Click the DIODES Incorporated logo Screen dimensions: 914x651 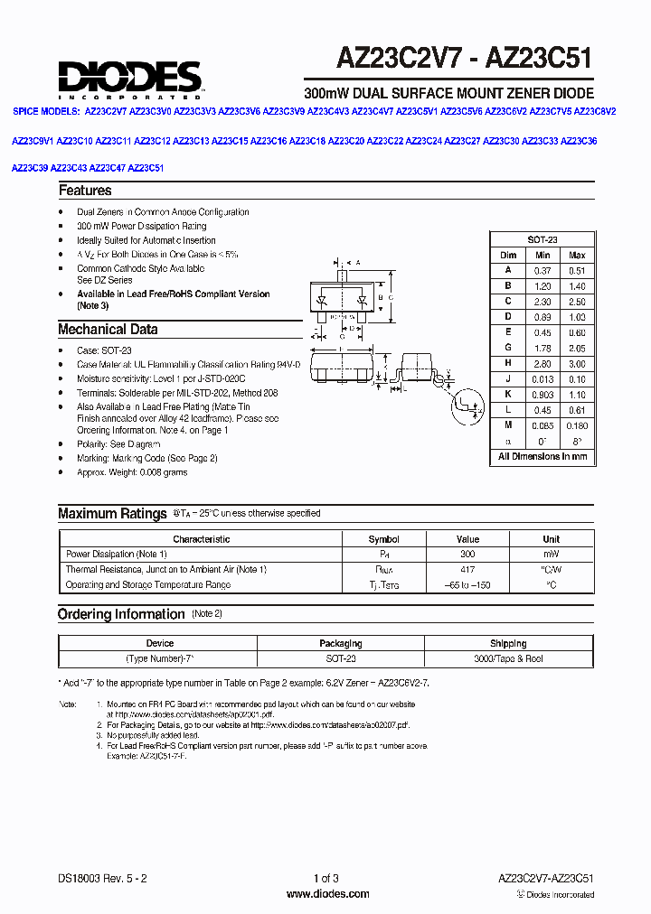129,79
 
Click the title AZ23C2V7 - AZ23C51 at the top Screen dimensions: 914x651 465,60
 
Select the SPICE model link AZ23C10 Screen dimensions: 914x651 74,142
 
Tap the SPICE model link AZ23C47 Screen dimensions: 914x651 108,168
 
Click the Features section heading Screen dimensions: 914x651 85,191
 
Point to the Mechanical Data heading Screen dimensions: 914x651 108,330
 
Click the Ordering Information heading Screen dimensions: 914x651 121,614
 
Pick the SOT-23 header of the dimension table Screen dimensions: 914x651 542,239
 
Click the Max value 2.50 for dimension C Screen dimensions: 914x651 576,301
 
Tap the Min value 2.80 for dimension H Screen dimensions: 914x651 542,363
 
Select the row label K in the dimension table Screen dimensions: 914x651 508,395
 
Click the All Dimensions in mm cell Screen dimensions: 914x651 542,457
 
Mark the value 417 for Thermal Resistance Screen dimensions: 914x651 467,570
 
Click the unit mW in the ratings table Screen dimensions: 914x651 551,555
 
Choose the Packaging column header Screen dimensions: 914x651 341,644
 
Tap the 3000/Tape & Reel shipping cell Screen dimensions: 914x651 508,659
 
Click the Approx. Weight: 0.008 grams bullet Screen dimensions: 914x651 132,472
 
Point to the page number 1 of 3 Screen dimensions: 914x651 326,879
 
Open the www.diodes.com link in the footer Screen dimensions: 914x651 327,894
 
